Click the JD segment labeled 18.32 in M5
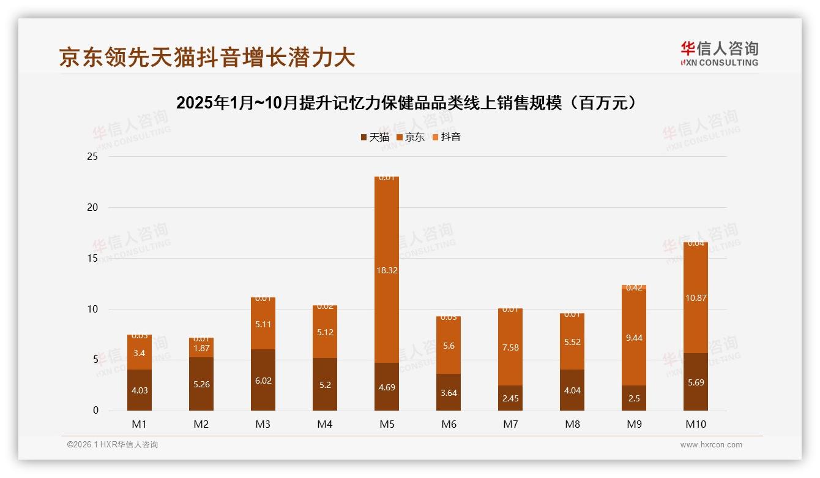pos(386,270)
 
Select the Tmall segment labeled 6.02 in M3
pos(263,380)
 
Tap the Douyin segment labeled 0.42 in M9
pos(634,287)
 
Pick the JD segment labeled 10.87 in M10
pos(696,298)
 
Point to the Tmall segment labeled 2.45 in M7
pos(510,398)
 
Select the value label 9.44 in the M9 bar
pos(634,338)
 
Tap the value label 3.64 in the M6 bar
pos(449,393)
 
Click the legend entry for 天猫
pos(375,137)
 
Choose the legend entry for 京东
pos(411,137)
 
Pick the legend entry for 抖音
pos(446,137)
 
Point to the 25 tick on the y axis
pos(92,157)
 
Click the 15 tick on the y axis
pos(92,258)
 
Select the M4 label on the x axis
pos(324,424)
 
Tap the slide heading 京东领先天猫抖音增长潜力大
pos(207,57)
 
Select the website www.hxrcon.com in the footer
pos(711,445)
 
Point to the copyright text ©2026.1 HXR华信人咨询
pos(113,445)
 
